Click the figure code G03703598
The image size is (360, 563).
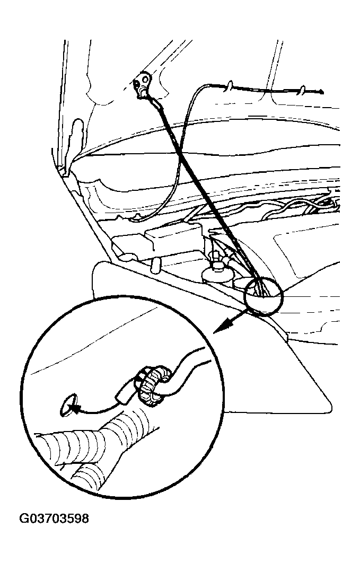point(54,518)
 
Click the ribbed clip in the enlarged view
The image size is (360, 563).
point(154,386)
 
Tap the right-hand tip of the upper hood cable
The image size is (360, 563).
point(322,92)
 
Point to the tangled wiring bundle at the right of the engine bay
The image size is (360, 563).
point(302,206)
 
